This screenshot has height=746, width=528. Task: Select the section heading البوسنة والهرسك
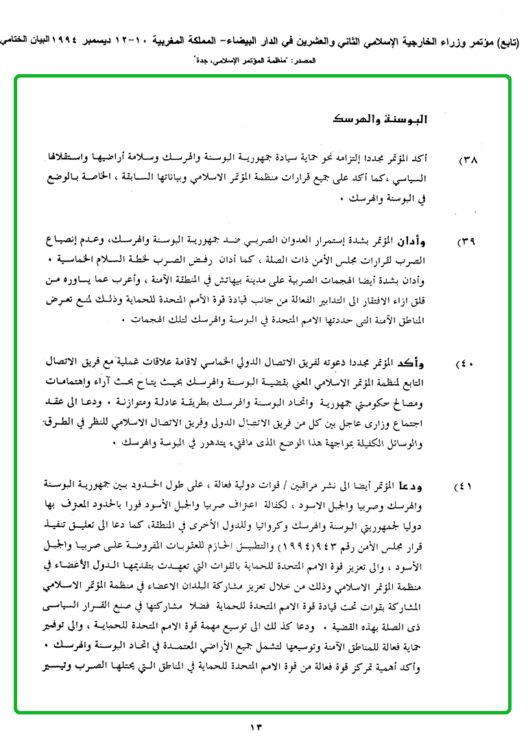(388, 119)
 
